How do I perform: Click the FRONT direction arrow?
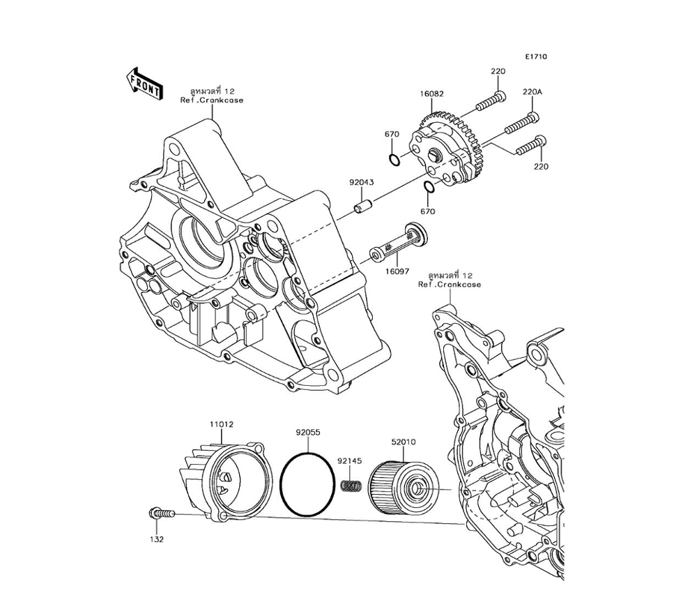(144, 83)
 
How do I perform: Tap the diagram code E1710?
(536, 57)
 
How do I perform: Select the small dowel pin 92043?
(362, 208)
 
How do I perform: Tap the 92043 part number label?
(362, 183)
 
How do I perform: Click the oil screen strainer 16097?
(397, 244)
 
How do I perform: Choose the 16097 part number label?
(398, 271)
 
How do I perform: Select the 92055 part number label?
(307, 433)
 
